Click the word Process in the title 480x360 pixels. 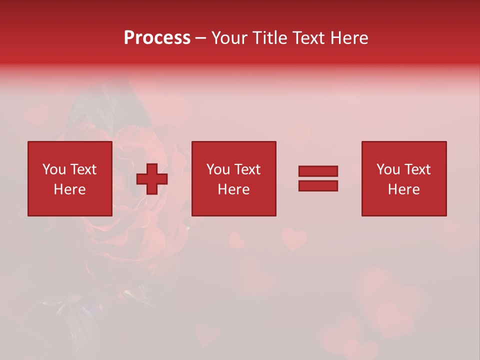point(157,38)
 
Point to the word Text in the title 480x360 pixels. point(310,38)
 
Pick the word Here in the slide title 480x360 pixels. point(350,38)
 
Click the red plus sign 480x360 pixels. point(152,179)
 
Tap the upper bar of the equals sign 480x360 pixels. point(318,171)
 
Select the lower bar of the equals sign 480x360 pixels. point(318,186)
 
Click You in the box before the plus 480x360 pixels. point(53,169)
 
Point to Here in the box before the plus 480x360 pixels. point(69,189)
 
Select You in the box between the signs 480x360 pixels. point(217,169)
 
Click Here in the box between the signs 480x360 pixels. point(233,189)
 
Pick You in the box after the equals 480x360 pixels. point(387,169)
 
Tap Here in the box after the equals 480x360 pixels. point(403,189)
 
